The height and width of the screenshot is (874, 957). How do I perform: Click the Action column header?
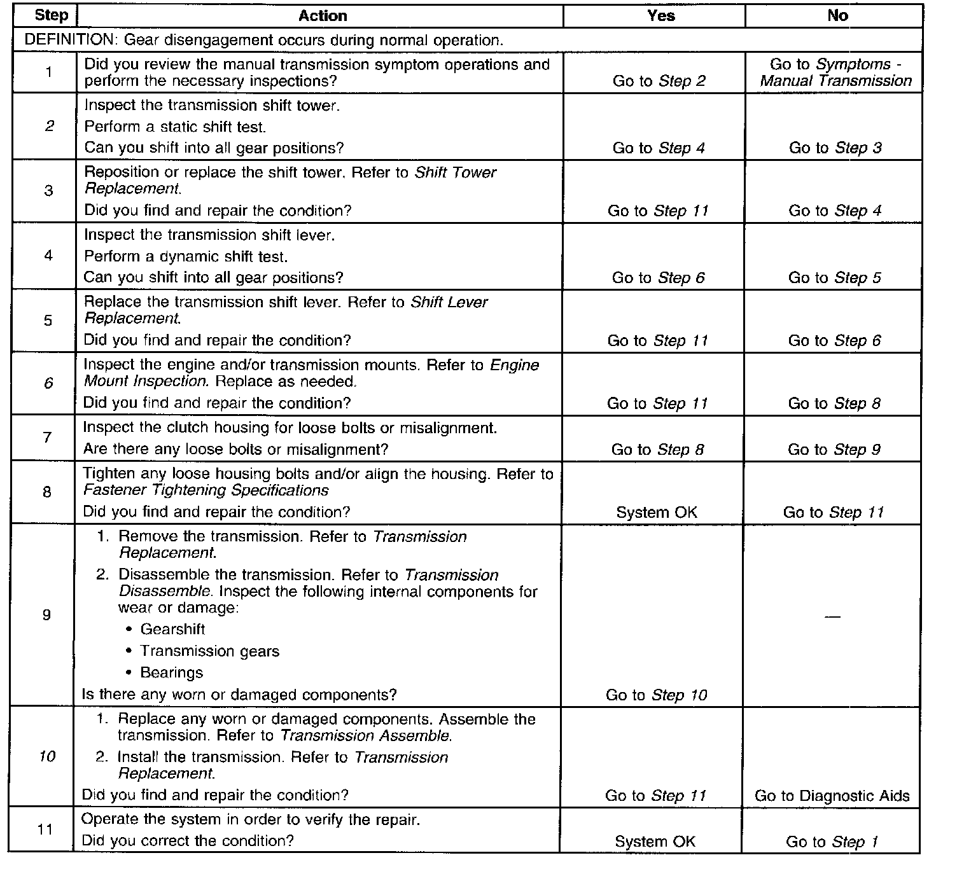click(323, 16)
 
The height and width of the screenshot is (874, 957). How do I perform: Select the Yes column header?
click(660, 16)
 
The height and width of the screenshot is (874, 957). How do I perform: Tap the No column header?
click(837, 16)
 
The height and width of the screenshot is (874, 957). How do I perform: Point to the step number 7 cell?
click(46, 438)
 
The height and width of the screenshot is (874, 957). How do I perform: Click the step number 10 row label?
click(47, 756)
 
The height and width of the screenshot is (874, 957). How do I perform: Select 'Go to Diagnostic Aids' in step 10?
click(832, 796)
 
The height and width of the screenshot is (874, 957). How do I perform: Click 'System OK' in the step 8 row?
click(657, 513)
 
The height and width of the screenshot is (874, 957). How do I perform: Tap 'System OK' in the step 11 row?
click(655, 842)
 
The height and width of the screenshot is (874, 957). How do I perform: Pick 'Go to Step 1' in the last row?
click(832, 842)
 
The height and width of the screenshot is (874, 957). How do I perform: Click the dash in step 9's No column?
click(832, 616)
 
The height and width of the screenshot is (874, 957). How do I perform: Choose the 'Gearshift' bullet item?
click(172, 630)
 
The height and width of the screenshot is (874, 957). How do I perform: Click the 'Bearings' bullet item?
click(171, 673)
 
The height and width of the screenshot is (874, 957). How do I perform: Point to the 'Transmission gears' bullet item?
click(209, 651)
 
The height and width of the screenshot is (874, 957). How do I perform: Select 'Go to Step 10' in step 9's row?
click(656, 695)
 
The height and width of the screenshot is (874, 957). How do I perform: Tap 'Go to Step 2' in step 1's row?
click(659, 81)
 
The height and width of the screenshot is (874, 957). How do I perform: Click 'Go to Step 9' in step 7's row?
click(834, 450)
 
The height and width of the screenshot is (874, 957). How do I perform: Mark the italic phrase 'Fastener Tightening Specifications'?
click(206, 490)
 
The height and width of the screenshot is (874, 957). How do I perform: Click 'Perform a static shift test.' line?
click(175, 127)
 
